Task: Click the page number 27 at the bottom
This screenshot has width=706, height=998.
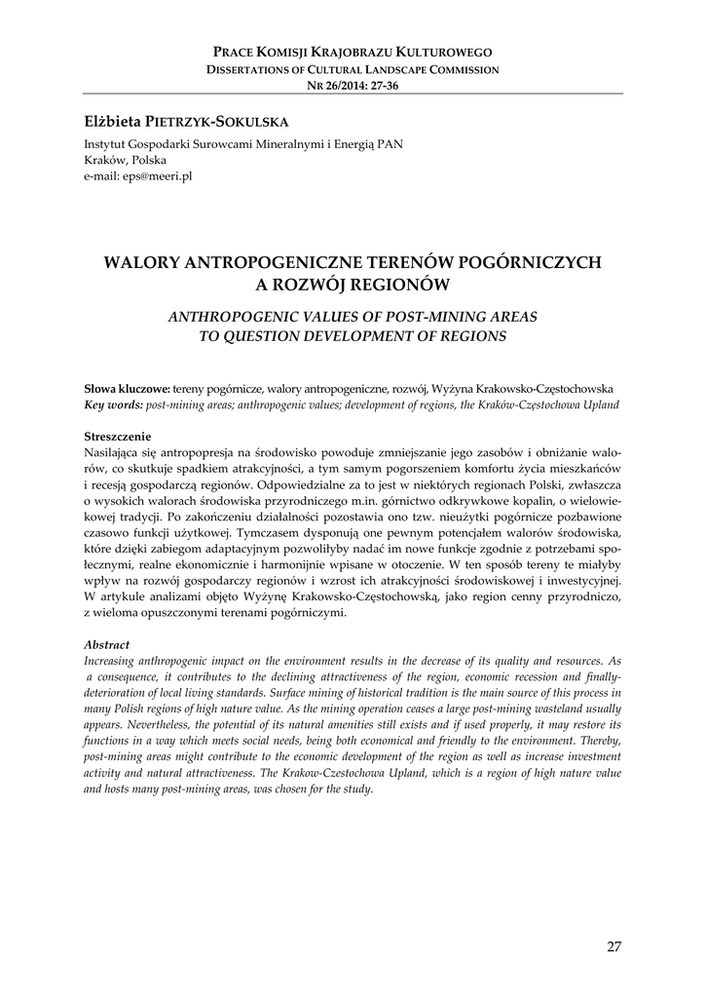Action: [x=613, y=946]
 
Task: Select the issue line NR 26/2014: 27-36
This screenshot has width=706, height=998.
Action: [x=353, y=86]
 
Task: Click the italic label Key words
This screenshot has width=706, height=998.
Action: [x=113, y=403]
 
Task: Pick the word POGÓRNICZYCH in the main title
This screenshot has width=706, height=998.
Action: [x=532, y=262]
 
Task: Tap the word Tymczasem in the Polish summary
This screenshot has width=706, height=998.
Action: [x=264, y=533]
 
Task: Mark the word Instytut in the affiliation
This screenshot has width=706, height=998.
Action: [x=106, y=144]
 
